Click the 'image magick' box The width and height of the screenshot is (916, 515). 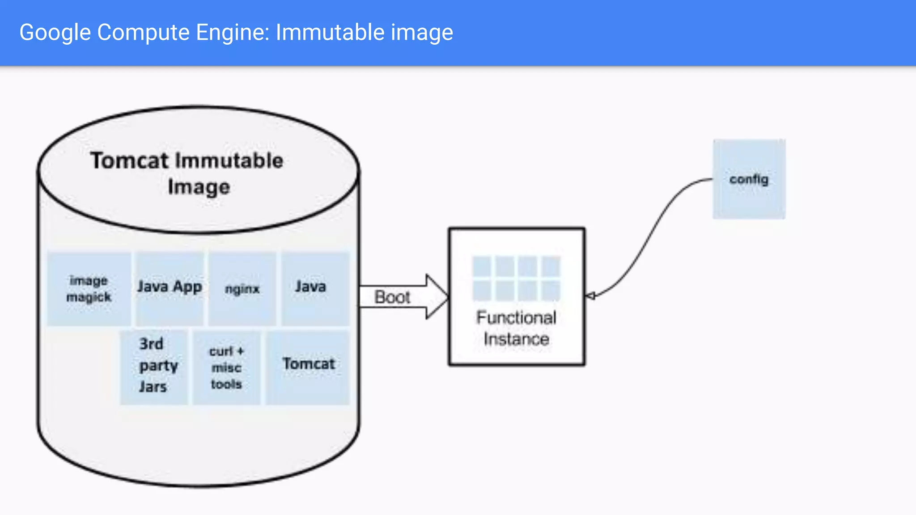(x=89, y=289)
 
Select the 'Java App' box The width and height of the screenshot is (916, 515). (x=170, y=288)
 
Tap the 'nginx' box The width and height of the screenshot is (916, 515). (x=242, y=289)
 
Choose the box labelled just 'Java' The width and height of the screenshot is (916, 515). (x=315, y=288)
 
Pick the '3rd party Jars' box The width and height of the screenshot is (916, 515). (x=153, y=367)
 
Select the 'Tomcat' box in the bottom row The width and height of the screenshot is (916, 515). (x=308, y=367)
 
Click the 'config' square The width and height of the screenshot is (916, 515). (x=749, y=179)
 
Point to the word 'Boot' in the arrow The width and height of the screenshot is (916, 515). (x=392, y=297)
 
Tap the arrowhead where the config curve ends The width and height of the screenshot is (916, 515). (x=590, y=295)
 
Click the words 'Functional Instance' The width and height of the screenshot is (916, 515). (x=516, y=328)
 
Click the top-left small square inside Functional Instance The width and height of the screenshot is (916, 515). (x=482, y=267)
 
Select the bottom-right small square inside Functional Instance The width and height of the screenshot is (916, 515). (x=551, y=291)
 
